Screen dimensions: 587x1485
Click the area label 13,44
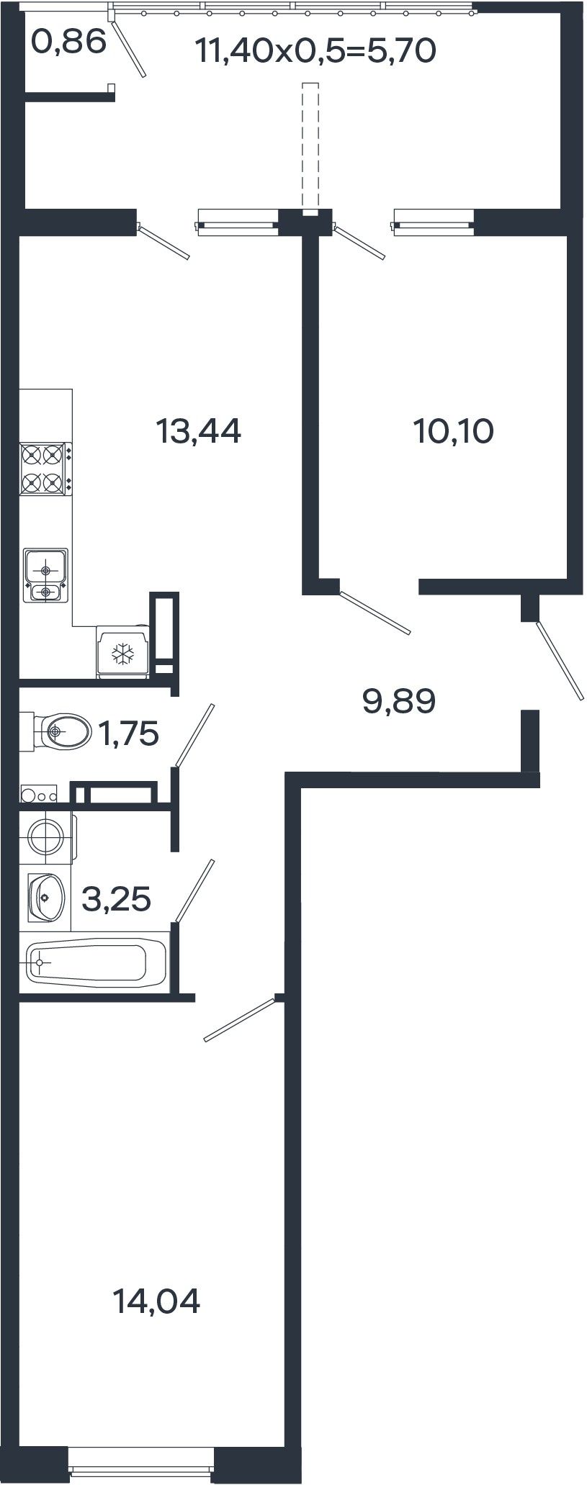point(198,432)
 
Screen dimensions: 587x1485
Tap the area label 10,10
point(453,432)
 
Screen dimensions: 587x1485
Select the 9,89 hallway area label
point(399,701)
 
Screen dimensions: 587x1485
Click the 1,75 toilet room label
point(128,734)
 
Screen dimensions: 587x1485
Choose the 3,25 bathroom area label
point(117,899)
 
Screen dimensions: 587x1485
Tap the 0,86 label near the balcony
point(69,42)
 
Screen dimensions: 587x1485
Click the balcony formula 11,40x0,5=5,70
point(315,51)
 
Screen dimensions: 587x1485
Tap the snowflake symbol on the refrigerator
point(122,654)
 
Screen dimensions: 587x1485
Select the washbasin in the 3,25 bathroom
point(46,897)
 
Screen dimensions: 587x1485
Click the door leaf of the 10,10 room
point(375,613)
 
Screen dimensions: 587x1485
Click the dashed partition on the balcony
point(310,148)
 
